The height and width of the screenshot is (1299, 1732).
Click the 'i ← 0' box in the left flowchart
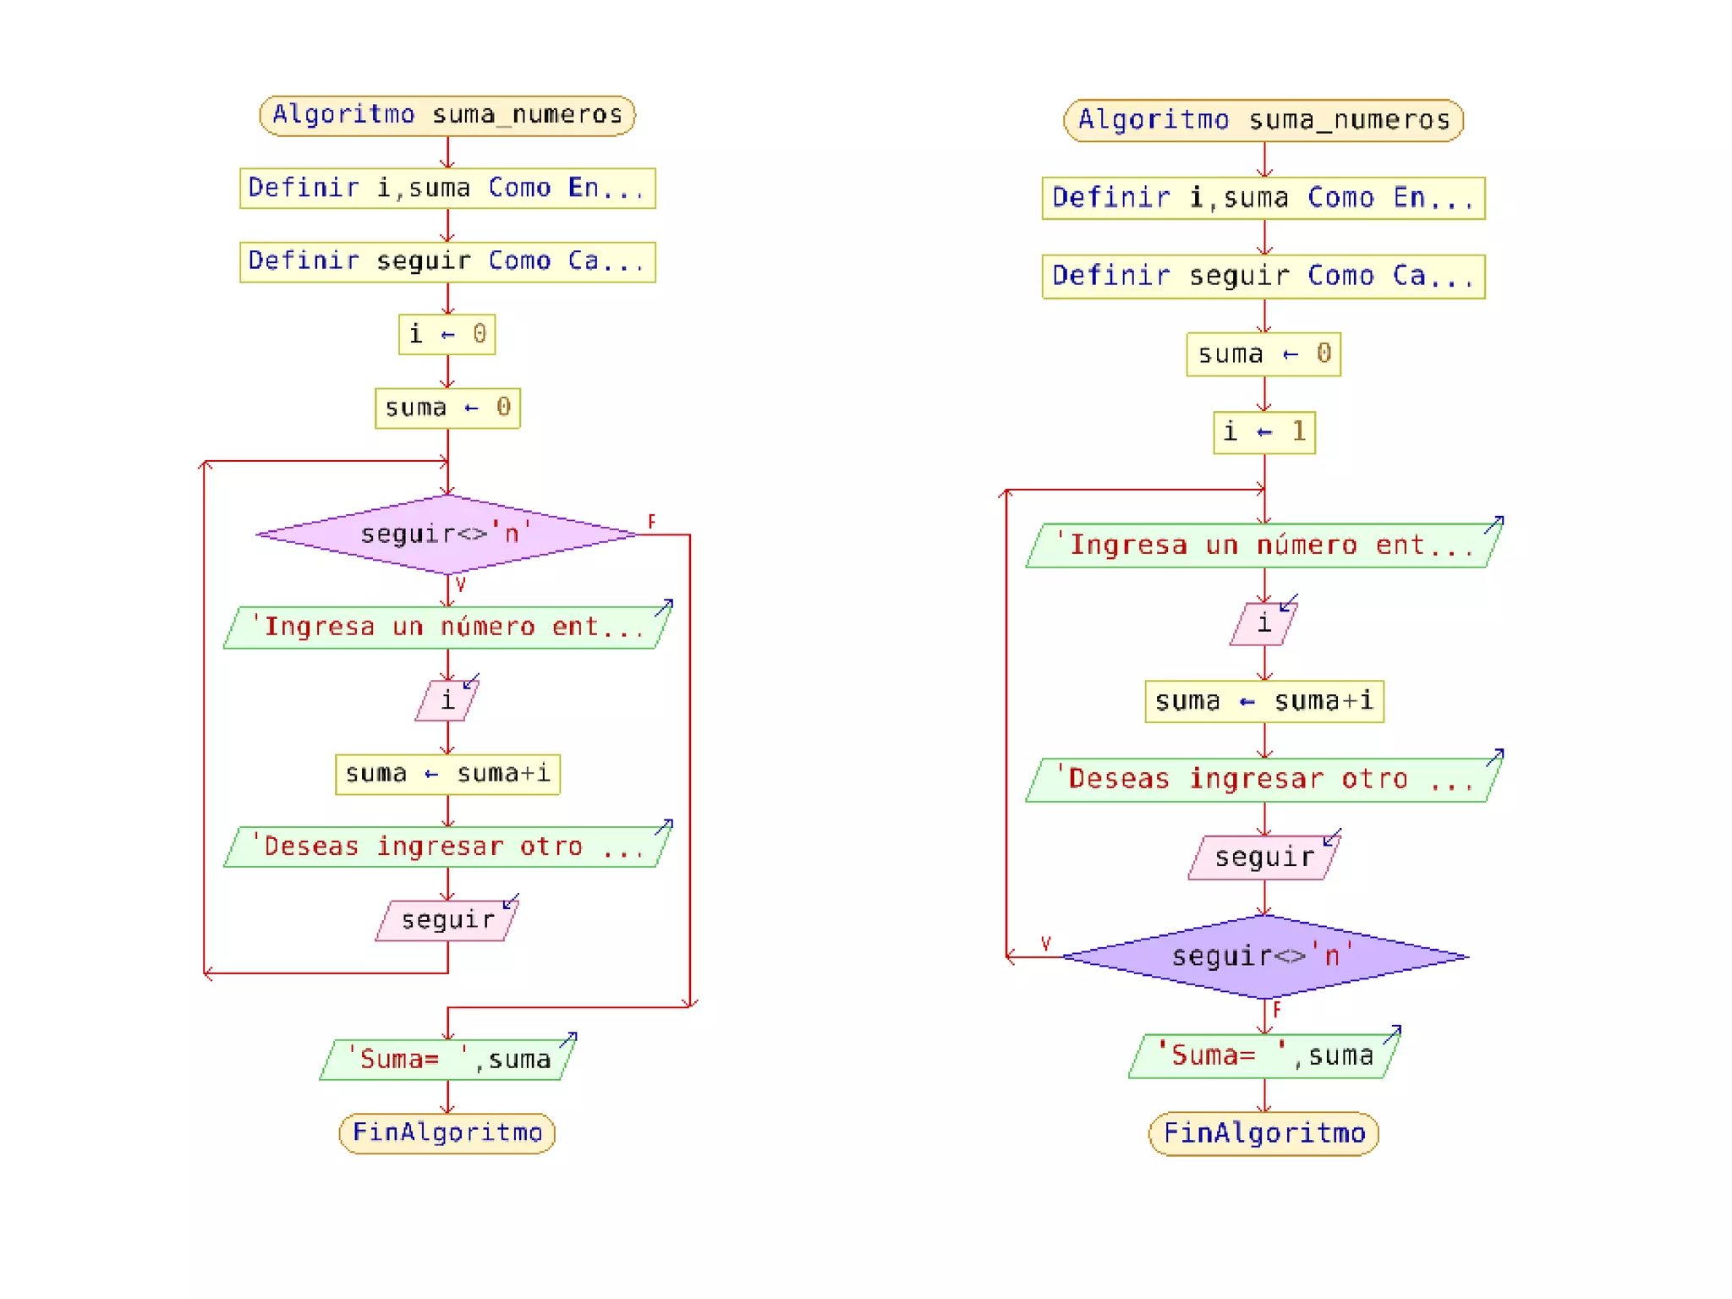pos(447,334)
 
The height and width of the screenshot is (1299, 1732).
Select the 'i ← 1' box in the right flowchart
pos(1263,432)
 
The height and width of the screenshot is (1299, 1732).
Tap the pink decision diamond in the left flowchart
pos(447,534)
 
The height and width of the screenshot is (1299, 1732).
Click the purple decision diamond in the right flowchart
pos(1263,956)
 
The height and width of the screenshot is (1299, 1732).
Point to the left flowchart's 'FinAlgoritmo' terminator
pos(447,1132)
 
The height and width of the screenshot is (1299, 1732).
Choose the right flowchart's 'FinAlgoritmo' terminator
pos(1263,1133)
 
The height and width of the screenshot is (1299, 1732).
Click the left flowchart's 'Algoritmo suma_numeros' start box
pos(447,115)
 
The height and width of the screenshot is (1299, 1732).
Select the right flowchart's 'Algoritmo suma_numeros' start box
pos(1263,120)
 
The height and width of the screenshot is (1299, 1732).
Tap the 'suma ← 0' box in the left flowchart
pos(447,408)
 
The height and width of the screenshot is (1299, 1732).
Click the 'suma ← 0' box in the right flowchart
pos(1263,354)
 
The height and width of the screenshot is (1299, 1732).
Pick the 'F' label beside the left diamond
pos(651,521)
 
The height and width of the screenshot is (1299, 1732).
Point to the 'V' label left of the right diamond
pos(1045,943)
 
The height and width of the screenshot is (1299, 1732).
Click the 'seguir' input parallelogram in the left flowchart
pos(447,920)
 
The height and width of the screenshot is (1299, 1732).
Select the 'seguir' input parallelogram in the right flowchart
pos(1263,858)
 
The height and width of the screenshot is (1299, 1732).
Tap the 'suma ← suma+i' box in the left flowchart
pos(447,774)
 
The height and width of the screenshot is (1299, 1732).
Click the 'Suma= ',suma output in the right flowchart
pos(1263,1055)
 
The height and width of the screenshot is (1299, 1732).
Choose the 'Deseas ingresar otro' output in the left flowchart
pos(447,847)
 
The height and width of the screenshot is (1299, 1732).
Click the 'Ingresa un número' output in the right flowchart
pos(1263,545)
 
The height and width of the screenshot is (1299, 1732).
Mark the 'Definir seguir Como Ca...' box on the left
pos(447,261)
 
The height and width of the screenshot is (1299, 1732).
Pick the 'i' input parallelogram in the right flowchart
pos(1263,624)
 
